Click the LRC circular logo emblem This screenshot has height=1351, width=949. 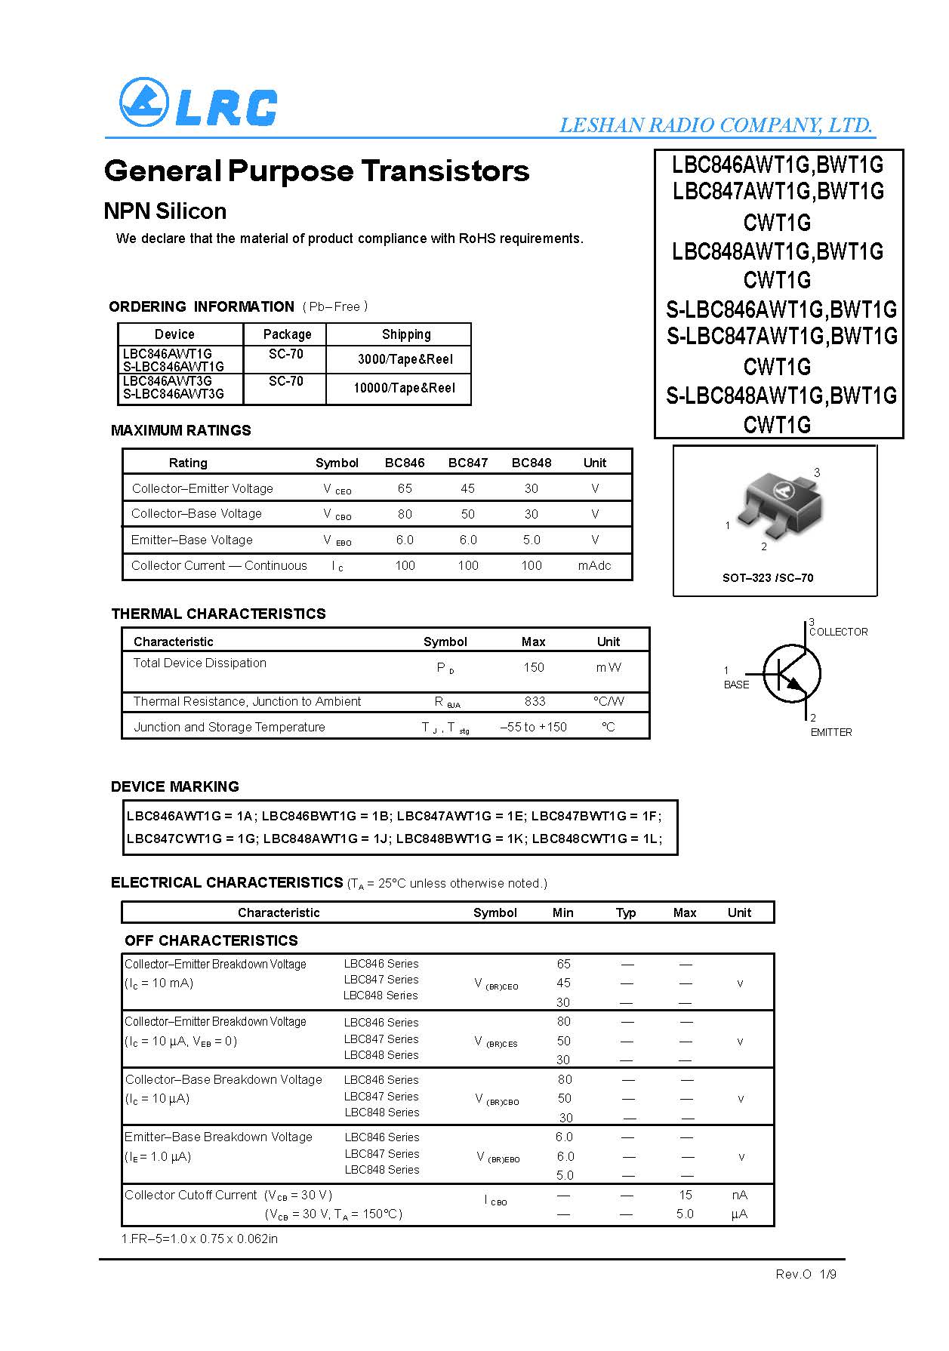tap(143, 103)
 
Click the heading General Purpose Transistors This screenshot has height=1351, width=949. tap(316, 171)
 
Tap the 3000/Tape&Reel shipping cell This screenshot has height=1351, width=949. tap(405, 359)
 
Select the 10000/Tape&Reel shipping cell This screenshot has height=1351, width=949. tap(405, 388)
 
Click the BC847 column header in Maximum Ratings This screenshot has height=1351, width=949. tap(467, 463)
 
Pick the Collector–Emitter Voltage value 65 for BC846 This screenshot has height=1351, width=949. tap(405, 488)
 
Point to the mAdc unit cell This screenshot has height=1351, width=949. tap(594, 565)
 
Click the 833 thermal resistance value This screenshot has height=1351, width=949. tap(535, 701)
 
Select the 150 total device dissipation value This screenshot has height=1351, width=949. tap(534, 667)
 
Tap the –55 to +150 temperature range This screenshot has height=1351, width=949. tap(533, 727)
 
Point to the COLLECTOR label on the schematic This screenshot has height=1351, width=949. tap(838, 632)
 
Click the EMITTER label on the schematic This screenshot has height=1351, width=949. tap(830, 732)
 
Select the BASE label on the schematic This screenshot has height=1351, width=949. tap(736, 685)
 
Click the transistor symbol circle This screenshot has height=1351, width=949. tap(791, 673)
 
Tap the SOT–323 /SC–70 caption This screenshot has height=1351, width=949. tap(768, 577)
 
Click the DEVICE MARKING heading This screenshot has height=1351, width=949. tap(174, 786)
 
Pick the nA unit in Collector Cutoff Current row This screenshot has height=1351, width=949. tap(739, 1195)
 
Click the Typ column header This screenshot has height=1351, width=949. tap(626, 912)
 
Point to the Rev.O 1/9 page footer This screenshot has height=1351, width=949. tap(806, 1274)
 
